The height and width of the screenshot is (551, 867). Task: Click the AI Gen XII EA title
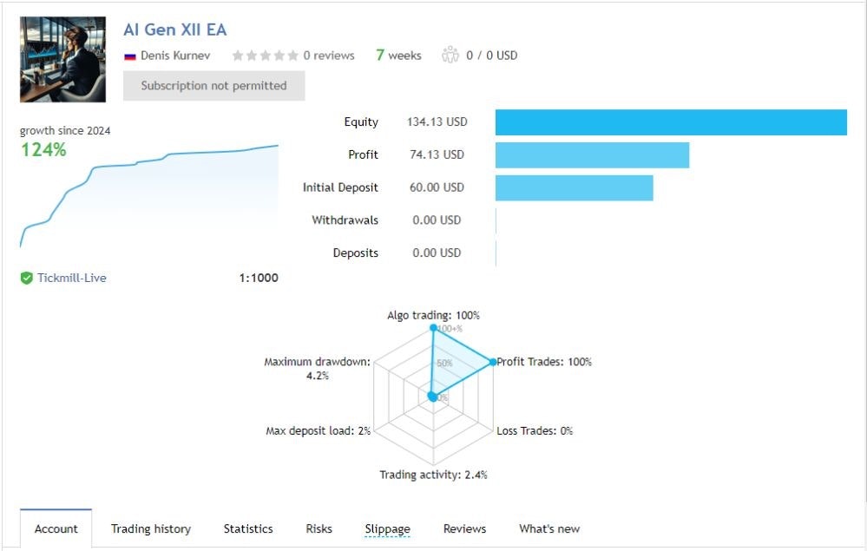174,30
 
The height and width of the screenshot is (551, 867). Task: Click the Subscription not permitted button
213,86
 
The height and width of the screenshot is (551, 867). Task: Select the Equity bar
670,122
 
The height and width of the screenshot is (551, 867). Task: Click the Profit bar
592,155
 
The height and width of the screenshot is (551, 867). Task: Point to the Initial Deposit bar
574,187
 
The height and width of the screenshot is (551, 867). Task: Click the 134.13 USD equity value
437,122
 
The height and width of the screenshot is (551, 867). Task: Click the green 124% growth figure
43,150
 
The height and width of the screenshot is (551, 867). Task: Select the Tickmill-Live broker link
71,279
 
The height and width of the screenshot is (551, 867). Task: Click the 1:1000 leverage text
259,279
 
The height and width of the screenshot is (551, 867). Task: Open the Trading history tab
151,528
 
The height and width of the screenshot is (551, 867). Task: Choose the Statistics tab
248,528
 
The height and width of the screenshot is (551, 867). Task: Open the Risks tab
319,528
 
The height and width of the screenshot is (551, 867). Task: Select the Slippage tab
387,528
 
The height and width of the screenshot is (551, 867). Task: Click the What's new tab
549,528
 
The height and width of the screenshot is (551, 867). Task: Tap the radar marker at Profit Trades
493,362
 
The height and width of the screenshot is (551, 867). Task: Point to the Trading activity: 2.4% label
433,475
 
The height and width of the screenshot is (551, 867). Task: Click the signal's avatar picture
62,59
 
